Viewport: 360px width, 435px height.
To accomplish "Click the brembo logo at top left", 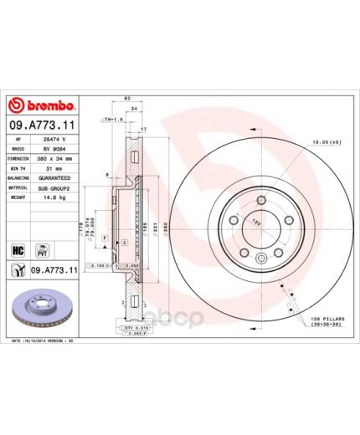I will tap(41, 105).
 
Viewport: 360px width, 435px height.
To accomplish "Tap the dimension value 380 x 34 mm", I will tap(56, 158).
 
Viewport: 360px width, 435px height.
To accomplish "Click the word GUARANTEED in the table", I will tap(56, 178).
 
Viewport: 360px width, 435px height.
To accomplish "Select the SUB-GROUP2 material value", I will tap(56, 188).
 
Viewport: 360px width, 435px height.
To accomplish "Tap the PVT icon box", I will tap(39, 249).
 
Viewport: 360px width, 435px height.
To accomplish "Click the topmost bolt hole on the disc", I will tap(259, 198).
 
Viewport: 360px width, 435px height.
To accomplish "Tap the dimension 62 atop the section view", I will tap(126, 100).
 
